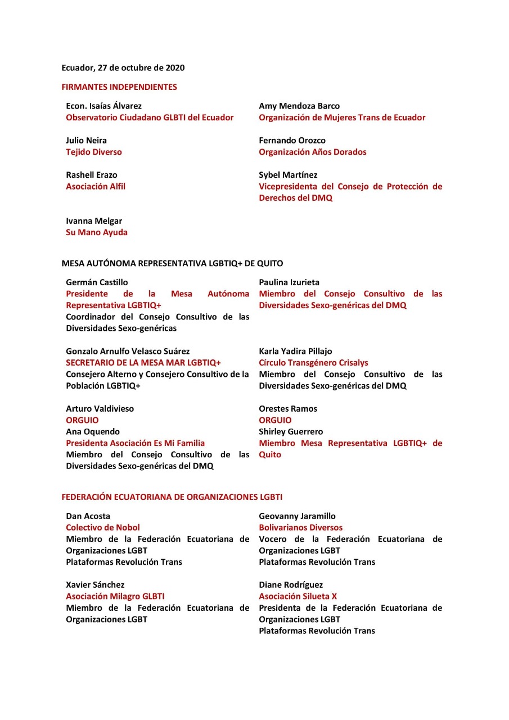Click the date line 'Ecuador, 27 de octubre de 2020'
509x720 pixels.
[x=123, y=68]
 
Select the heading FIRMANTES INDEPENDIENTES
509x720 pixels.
[x=119, y=87]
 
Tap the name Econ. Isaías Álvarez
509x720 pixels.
[x=103, y=106]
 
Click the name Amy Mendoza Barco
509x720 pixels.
[x=299, y=106]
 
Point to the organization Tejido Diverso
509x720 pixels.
[x=94, y=152]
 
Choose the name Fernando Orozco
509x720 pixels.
[x=292, y=140]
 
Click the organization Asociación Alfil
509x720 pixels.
[x=96, y=186]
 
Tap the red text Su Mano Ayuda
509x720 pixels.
[x=97, y=232]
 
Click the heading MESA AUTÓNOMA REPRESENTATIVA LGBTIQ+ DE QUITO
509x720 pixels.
[x=172, y=263]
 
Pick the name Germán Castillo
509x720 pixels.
[x=97, y=282]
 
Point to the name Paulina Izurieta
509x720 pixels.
[x=290, y=282]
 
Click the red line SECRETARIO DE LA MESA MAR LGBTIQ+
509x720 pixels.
[x=143, y=363]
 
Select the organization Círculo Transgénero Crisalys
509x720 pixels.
[x=313, y=363]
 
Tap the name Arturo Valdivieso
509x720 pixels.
[x=100, y=409]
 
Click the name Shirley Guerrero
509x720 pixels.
[x=291, y=432]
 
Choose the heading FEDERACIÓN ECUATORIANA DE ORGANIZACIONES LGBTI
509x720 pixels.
[x=172, y=497]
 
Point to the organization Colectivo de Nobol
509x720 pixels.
[x=103, y=528]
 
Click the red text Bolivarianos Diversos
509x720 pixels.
[x=300, y=528]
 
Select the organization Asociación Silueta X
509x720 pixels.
[x=298, y=596]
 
